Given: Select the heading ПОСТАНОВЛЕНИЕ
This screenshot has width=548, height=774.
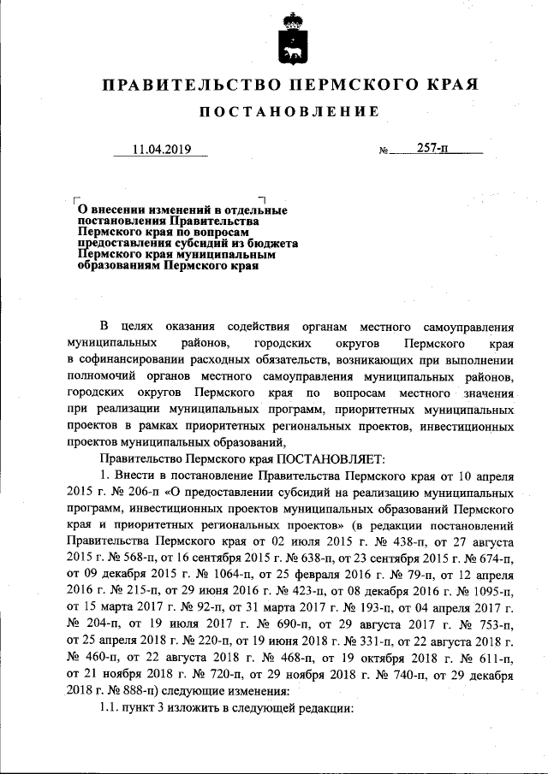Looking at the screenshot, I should pyautogui.click(x=289, y=112).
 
